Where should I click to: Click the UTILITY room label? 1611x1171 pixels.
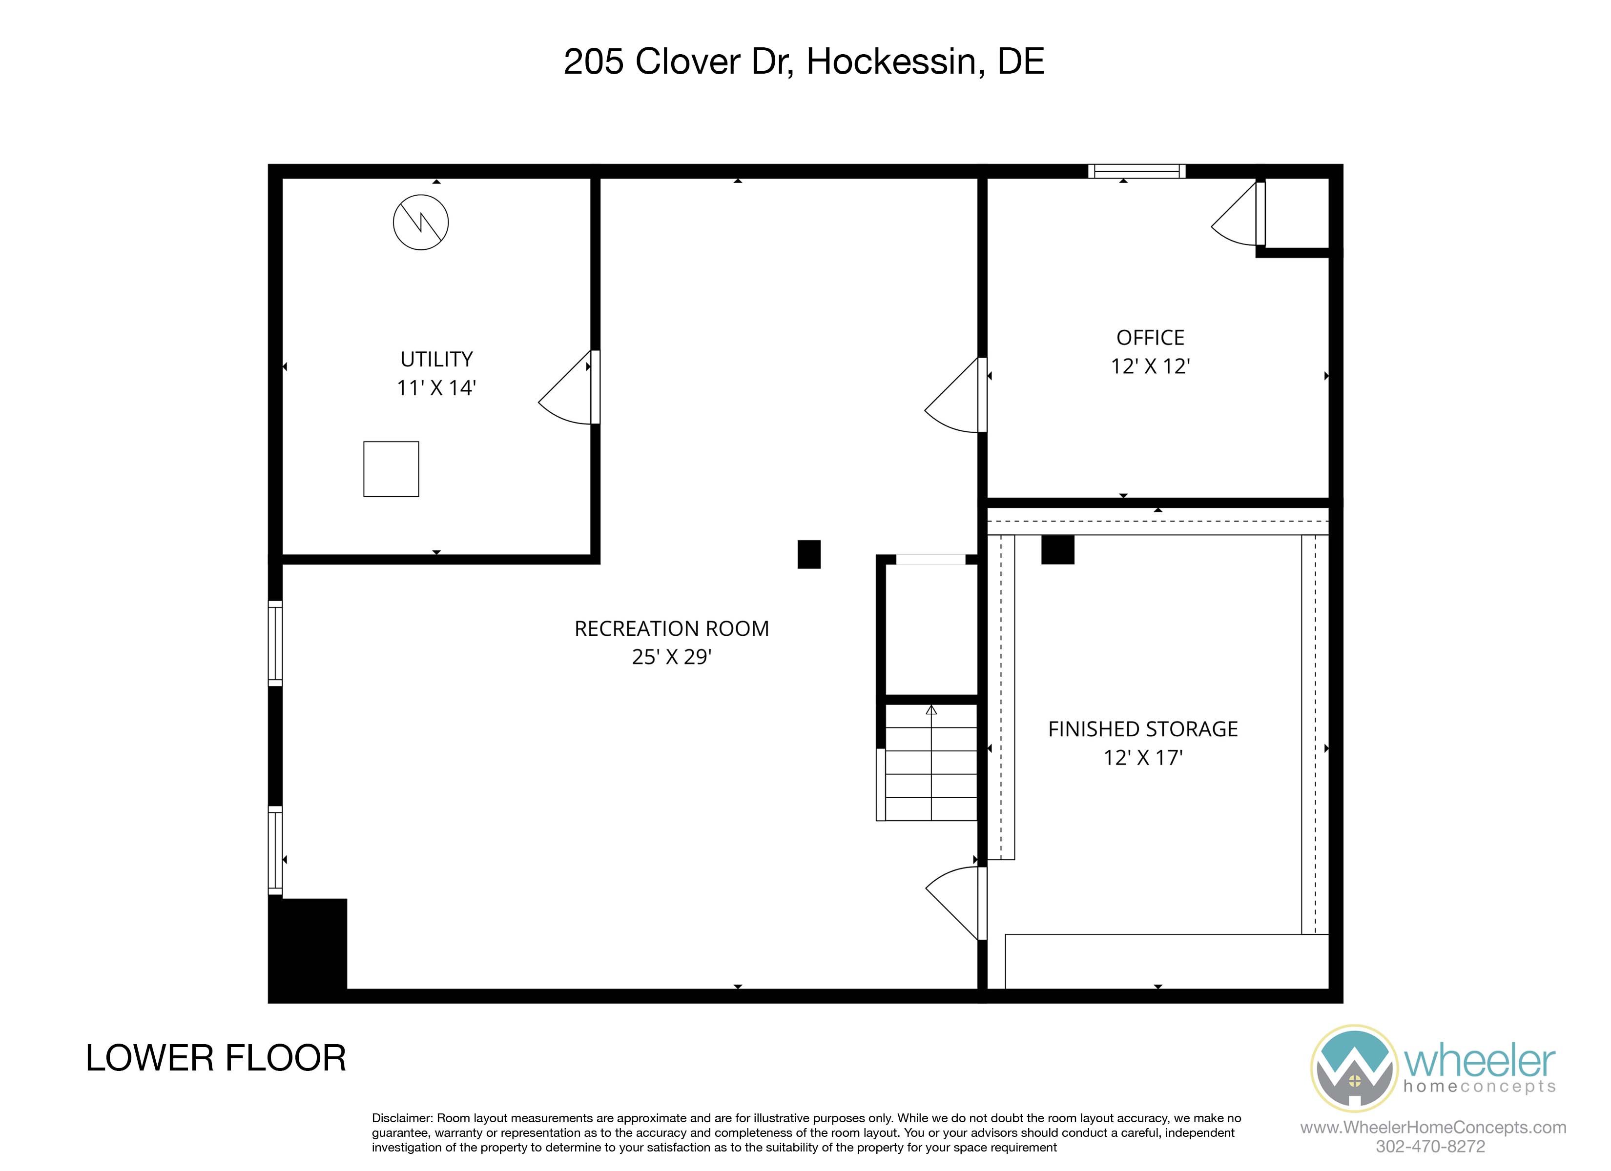[436, 359]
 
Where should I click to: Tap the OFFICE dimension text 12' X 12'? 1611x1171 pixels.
[1150, 366]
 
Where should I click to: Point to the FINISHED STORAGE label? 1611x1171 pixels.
[1143, 729]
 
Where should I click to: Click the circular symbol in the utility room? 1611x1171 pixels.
[420, 222]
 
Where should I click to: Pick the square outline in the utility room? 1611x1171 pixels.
[391, 469]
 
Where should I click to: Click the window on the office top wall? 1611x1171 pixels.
[1136, 171]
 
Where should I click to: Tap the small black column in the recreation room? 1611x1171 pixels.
[809, 555]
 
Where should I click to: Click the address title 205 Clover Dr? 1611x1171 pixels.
[679, 62]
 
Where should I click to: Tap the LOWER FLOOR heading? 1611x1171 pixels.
[216, 1058]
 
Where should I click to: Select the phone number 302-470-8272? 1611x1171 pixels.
[1430, 1146]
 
